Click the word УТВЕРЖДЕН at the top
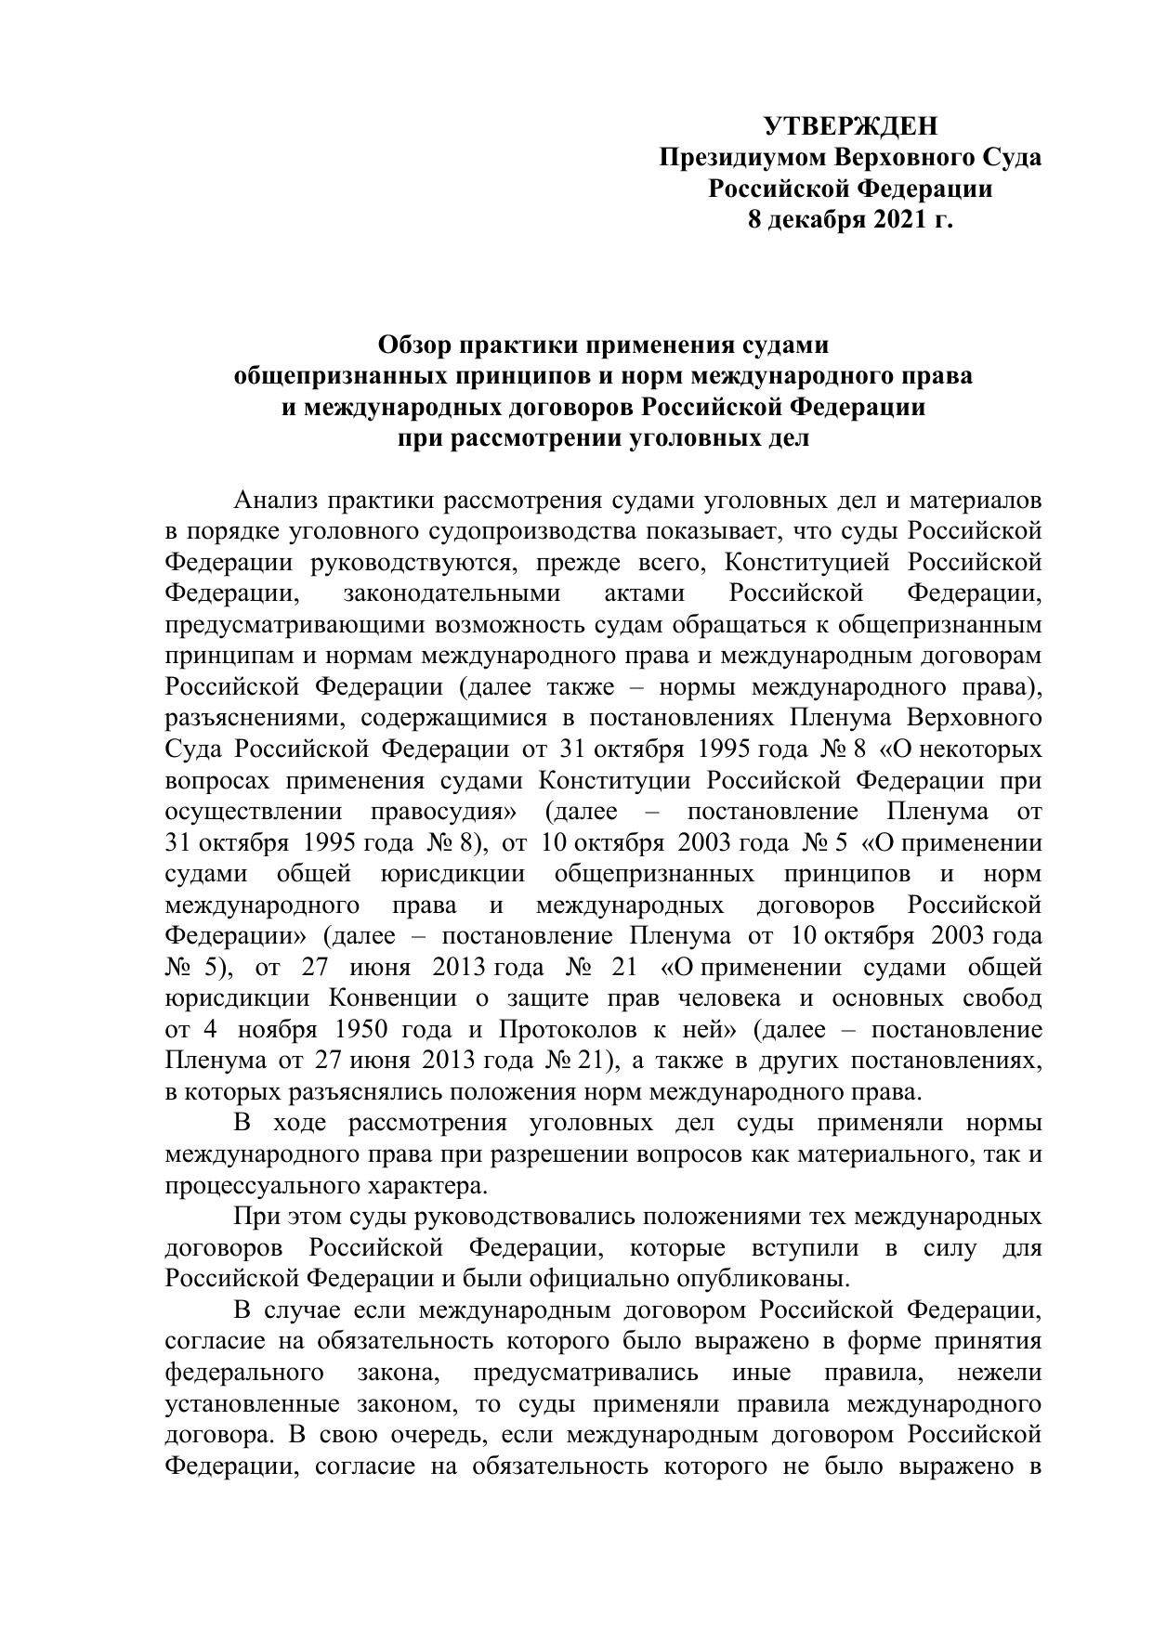tap(850, 125)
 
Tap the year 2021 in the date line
tap(901, 220)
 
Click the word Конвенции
tap(392, 998)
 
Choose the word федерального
tap(244, 1373)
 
